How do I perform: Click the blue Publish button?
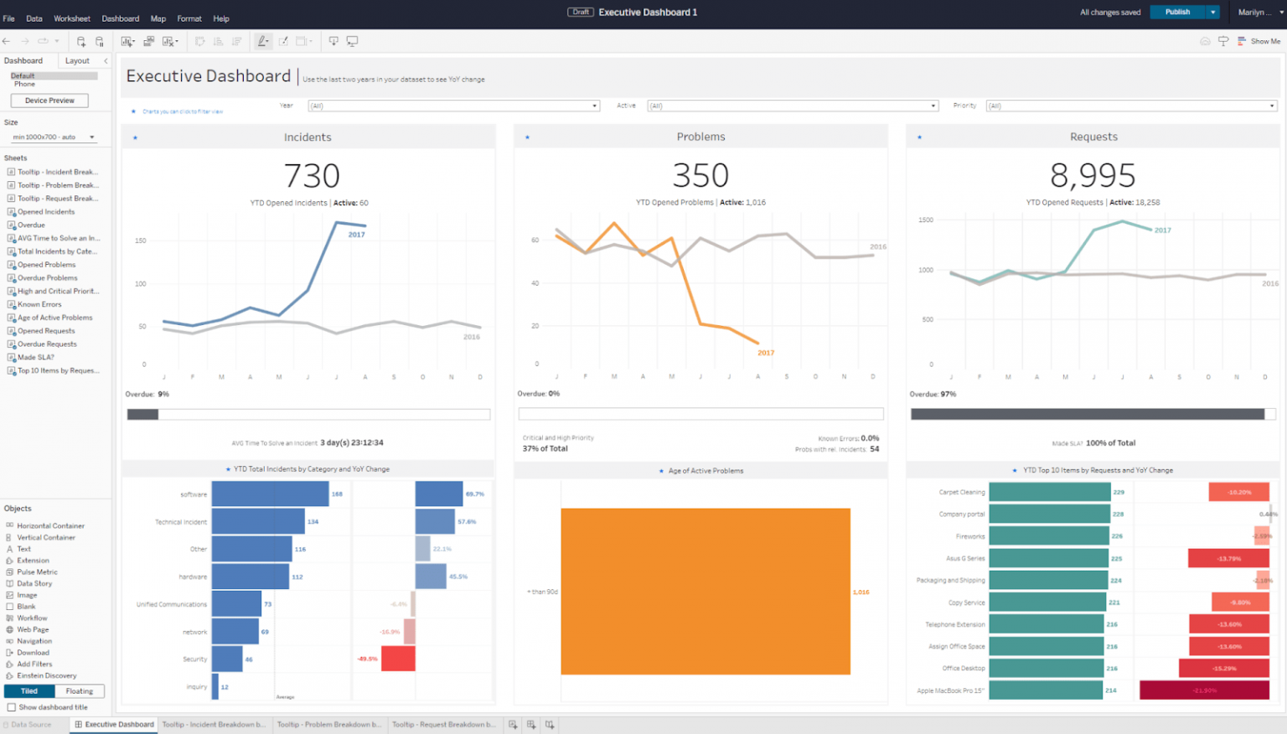(x=1176, y=12)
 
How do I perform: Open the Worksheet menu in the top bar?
(x=72, y=18)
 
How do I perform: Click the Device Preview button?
(x=49, y=101)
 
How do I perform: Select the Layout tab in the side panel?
(x=77, y=60)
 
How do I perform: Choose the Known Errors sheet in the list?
(x=39, y=304)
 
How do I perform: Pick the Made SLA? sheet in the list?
(x=36, y=357)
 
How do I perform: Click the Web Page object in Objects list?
(x=33, y=629)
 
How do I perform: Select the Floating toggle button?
(x=80, y=691)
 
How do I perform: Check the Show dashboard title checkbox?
(x=12, y=707)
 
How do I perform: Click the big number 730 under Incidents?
(x=312, y=176)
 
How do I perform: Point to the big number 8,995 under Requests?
(x=1093, y=175)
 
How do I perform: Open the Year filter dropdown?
(x=453, y=106)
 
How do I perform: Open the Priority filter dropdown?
(x=1131, y=106)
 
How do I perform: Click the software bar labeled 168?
(x=270, y=494)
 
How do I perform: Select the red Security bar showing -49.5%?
(x=398, y=659)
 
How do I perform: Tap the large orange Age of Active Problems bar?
(x=706, y=591)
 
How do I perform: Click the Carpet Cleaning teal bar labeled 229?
(x=1049, y=492)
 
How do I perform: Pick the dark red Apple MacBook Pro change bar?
(x=1204, y=690)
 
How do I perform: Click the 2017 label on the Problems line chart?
(x=766, y=353)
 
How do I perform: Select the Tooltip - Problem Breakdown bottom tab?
(x=329, y=725)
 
